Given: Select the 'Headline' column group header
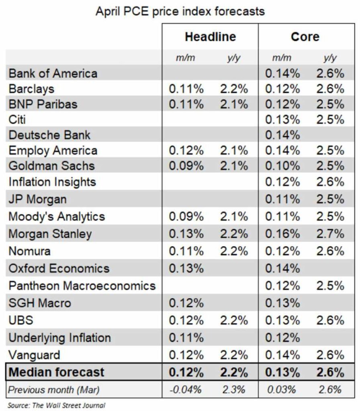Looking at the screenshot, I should pyautogui.click(x=210, y=37).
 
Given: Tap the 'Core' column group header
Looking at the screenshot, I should pyautogui.click(x=305, y=37).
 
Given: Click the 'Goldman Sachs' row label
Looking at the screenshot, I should pyautogui.click(x=52, y=165).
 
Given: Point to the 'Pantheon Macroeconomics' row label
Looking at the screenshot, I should pyautogui.click(x=82, y=286).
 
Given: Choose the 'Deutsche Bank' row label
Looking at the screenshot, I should pyautogui.click(x=50, y=134).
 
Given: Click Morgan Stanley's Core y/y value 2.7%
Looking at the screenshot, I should pyautogui.click(x=330, y=234).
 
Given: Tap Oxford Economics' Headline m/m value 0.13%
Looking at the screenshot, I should pyautogui.click(x=186, y=269).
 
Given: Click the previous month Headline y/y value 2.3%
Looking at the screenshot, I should pyautogui.click(x=233, y=389).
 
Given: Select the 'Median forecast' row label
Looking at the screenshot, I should pyautogui.click(x=56, y=372).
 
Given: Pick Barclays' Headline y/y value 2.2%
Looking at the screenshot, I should pyautogui.click(x=234, y=89).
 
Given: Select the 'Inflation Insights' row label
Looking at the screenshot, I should pyautogui.click(x=52, y=182).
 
